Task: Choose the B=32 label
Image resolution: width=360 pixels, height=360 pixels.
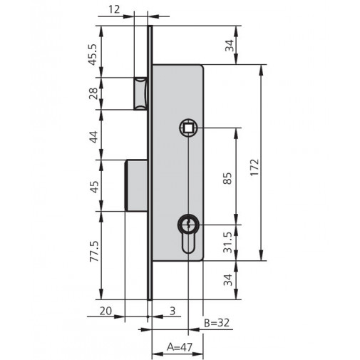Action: [216, 323]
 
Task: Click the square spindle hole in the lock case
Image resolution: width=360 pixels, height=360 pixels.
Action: [188, 128]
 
